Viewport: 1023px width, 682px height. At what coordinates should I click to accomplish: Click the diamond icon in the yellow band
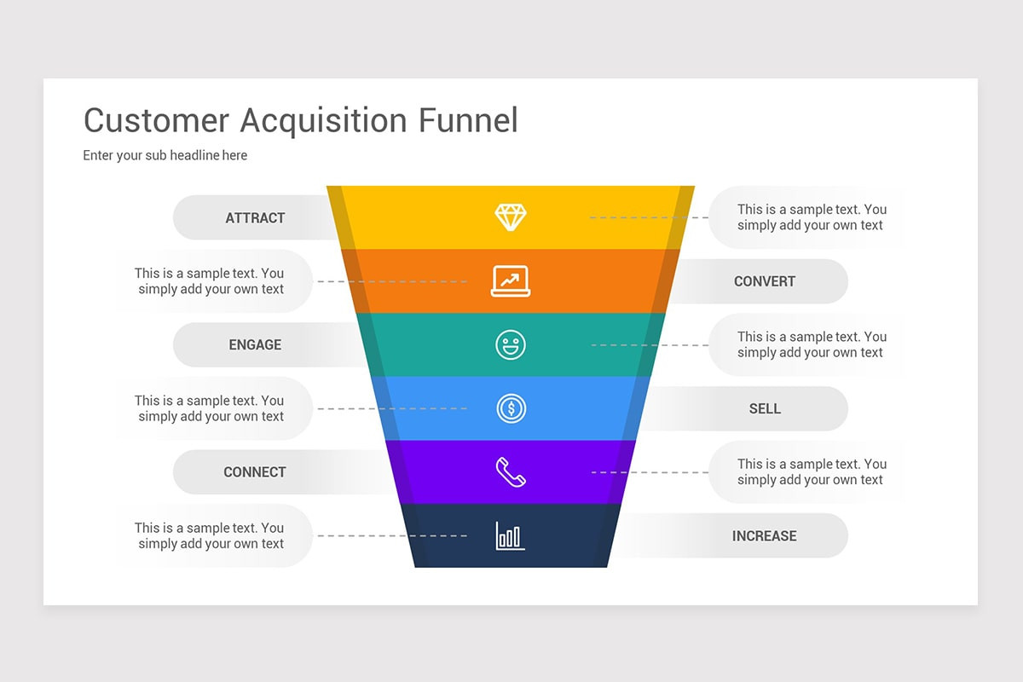[x=511, y=217]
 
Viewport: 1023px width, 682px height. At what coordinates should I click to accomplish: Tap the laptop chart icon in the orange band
[x=511, y=280]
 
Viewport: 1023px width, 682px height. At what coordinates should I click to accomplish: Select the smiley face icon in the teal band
[x=511, y=344]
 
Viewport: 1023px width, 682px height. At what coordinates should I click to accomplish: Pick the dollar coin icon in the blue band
[x=511, y=408]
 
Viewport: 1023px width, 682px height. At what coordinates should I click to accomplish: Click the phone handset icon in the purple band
[x=511, y=472]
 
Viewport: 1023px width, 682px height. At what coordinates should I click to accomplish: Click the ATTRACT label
[x=255, y=218]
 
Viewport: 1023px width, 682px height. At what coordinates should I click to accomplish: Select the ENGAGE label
[x=255, y=345]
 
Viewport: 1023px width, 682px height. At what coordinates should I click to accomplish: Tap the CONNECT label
[x=255, y=472]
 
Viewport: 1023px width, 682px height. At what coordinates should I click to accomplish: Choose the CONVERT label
[x=765, y=281]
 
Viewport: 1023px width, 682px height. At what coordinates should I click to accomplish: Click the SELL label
[x=765, y=408]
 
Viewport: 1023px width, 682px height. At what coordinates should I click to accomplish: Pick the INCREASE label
[x=765, y=536]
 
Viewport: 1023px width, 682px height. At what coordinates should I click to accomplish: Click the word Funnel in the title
[x=468, y=120]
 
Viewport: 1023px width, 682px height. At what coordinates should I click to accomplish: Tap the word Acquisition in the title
[x=324, y=121]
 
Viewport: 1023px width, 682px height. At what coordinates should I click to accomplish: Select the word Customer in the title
[x=156, y=120]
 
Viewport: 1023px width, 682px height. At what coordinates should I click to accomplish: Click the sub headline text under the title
[x=165, y=155]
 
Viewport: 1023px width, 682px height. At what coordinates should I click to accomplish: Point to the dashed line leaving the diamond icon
[x=648, y=217]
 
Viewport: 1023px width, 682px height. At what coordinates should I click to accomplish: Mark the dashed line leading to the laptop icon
[x=392, y=281]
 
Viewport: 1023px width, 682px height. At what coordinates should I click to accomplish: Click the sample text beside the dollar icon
[x=210, y=408]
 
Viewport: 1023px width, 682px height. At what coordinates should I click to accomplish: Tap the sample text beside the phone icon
[x=811, y=472]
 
